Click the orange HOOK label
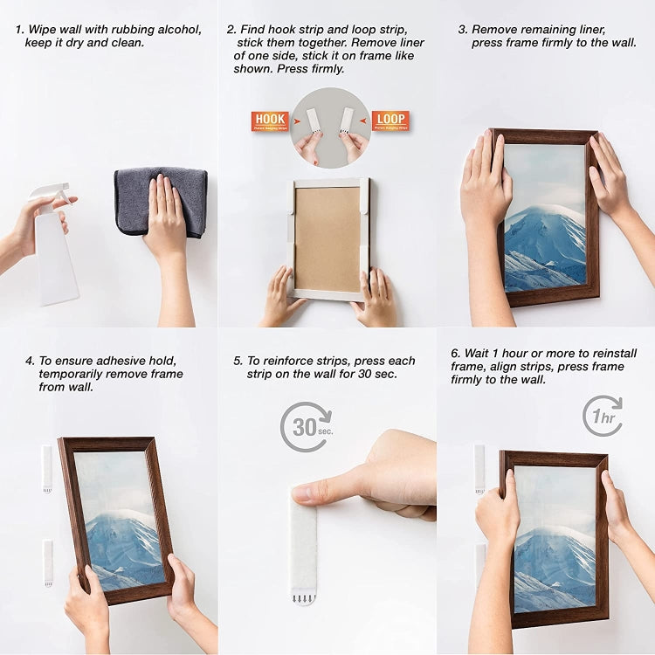click(270, 121)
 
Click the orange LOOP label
click(390, 121)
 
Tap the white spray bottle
click(55, 249)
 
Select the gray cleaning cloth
click(161, 201)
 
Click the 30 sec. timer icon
click(306, 426)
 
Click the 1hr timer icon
click(603, 416)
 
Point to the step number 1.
click(18, 30)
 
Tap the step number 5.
click(238, 361)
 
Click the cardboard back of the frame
click(327, 238)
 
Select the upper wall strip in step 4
click(47, 468)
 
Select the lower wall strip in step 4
click(48, 562)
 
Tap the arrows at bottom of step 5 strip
click(304, 598)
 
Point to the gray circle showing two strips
click(330, 127)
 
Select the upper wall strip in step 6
click(479, 466)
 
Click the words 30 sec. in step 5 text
click(377, 374)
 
